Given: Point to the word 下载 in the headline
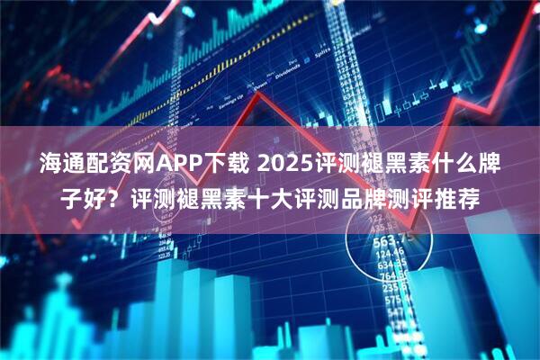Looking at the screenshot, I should (226, 166).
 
